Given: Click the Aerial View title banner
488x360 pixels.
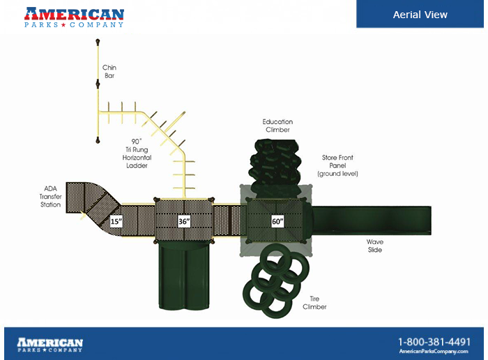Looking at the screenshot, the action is tap(420, 14).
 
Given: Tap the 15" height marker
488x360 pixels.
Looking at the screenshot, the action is tap(116, 221).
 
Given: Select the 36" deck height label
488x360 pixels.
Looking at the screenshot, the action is tap(184, 221).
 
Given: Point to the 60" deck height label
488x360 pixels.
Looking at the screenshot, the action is tap(277, 221).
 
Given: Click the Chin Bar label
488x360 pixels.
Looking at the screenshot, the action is tap(109, 72).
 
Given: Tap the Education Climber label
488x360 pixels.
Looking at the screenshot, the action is tap(277, 126).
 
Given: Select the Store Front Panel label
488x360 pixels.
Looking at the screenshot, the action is tap(337, 165).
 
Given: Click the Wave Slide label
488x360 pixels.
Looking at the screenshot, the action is tap(375, 246).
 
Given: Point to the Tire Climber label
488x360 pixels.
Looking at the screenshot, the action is tap(314, 303).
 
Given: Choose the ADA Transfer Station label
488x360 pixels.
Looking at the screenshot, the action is tap(50, 197).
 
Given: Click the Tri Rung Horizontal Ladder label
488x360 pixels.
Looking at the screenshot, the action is tap(137, 153).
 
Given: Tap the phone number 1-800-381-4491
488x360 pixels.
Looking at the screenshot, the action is tap(434, 342).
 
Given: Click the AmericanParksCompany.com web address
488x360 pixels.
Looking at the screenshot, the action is tap(434, 352).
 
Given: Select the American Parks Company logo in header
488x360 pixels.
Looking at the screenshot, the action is tap(74, 17).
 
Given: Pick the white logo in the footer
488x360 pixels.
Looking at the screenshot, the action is tap(49, 345).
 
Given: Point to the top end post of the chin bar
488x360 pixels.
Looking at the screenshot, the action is tap(98, 41).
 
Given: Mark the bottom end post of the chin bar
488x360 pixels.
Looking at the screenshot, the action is tap(98, 141).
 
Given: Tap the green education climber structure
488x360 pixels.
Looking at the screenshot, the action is tap(275, 168).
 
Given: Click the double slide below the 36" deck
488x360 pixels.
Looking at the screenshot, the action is tap(184, 275).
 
